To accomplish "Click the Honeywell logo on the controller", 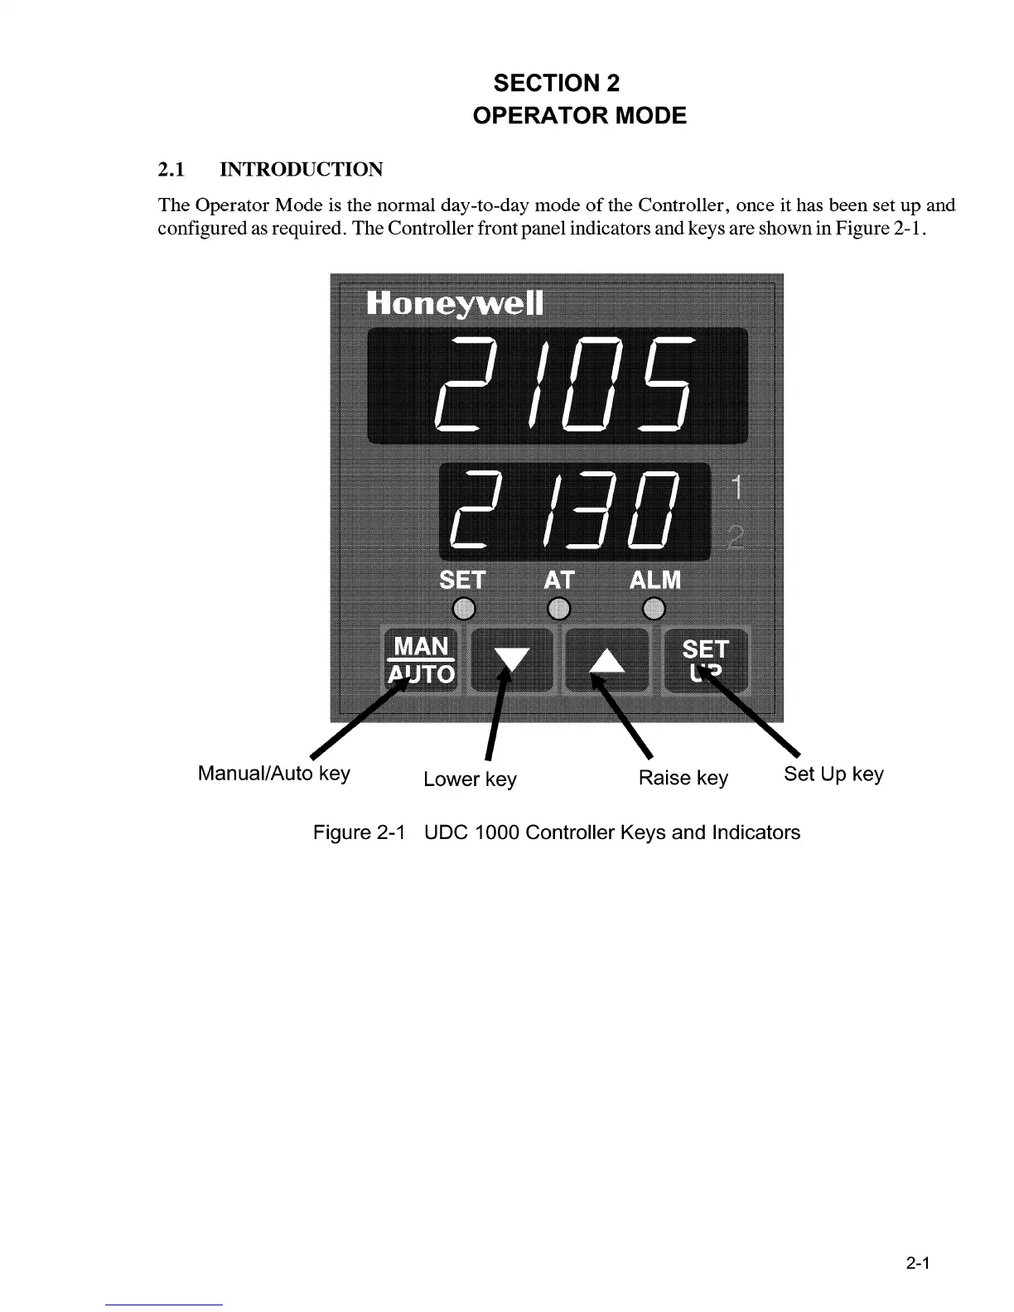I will coord(455,304).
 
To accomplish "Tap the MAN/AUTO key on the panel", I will coord(421,660).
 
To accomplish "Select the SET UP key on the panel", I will coord(706,660).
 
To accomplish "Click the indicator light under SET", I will coord(465,610).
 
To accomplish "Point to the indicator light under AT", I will coord(559,610).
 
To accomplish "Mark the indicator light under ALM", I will coord(654,610).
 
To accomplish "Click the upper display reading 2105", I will coord(558,385).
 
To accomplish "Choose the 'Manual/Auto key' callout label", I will coord(274,774).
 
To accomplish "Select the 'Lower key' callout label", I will coord(470,779).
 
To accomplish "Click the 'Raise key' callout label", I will coord(683,779).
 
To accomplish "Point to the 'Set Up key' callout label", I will coord(833,774).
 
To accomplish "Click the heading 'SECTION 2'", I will coord(556,83).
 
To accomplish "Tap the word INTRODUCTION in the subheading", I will coord(301,170).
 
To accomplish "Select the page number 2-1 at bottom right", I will coord(918,1264).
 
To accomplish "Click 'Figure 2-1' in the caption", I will coord(359,832).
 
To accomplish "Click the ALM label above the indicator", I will coord(655,580).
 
